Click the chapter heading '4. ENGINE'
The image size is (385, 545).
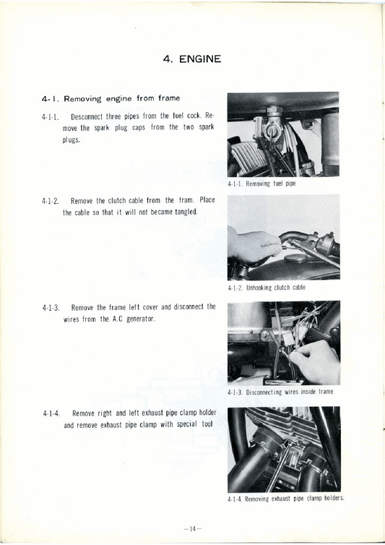191,59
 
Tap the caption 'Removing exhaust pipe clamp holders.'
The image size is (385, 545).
295,499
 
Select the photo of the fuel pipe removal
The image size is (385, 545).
283,134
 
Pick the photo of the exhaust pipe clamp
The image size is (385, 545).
283,449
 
